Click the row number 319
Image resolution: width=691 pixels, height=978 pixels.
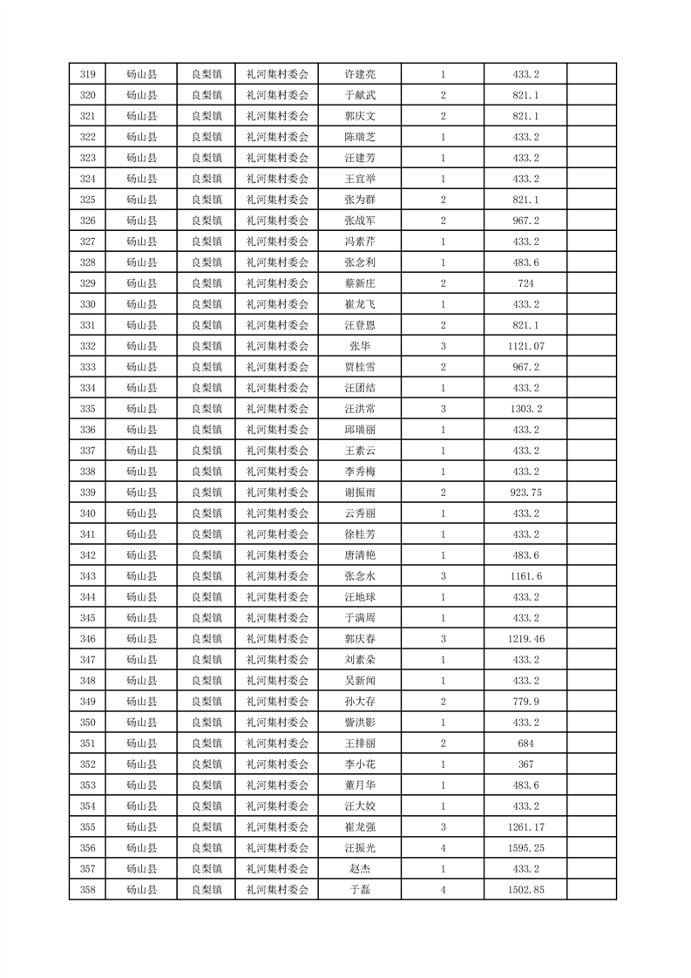[x=87, y=74]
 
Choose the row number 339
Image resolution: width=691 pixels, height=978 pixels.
[x=87, y=492]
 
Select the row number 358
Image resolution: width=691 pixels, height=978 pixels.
[x=87, y=890]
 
